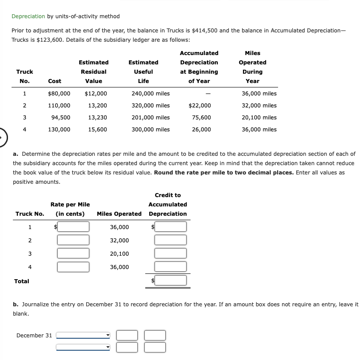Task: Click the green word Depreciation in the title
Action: (x=28, y=16)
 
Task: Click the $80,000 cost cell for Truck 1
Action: (x=59, y=94)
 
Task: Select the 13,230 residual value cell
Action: (x=97, y=118)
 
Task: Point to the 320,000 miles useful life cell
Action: (x=151, y=106)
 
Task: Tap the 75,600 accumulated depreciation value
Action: (x=201, y=118)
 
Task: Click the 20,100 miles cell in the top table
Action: (x=259, y=118)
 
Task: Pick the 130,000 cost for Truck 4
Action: (x=59, y=130)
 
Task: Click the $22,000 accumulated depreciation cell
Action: (x=200, y=106)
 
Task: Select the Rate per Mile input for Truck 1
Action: (x=73, y=227)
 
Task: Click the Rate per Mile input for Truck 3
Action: (x=73, y=253)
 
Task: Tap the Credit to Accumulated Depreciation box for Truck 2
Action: (x=171, y=240)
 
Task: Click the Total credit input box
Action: (x=171, y=281)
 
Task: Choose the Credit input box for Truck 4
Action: (x=171, y=267)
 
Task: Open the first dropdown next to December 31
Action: (x=83, y=336)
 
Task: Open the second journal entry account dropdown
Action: (x=83, y=347)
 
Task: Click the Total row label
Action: (x=22, y=281)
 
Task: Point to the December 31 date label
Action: (x=34, y=336)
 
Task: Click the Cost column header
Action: (x=55, y=81)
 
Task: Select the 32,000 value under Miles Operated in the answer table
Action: (x=119, y=241)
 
